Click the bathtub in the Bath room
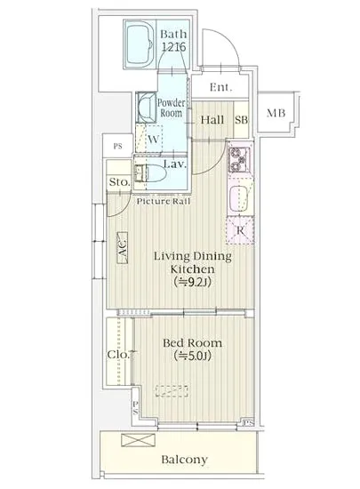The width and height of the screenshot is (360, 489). [140, 44]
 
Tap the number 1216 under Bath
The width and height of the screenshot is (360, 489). [173, 47]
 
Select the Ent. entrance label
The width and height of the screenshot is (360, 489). [220, 87]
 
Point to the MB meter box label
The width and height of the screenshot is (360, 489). [276, 113]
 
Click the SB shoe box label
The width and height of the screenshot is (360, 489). [242, 120]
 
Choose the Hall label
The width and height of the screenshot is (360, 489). [212, 120]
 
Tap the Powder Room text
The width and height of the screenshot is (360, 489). [172, 108]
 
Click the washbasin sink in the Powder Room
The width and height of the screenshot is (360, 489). [147, 108]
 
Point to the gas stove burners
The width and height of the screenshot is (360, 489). [239, 160]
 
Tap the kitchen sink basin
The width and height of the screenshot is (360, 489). [239, 198]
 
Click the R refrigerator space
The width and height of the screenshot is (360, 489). [240, 230]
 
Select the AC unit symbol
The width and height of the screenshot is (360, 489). [122, 248]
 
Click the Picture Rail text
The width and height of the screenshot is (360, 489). [164, 202]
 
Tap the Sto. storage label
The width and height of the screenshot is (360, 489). [119, 181]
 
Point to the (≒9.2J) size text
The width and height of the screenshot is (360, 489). [193, 282]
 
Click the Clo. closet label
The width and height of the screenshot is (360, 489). [118, 354]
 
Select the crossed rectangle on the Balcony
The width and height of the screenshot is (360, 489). [138, 440]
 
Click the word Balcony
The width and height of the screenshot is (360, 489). [185, 460]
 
